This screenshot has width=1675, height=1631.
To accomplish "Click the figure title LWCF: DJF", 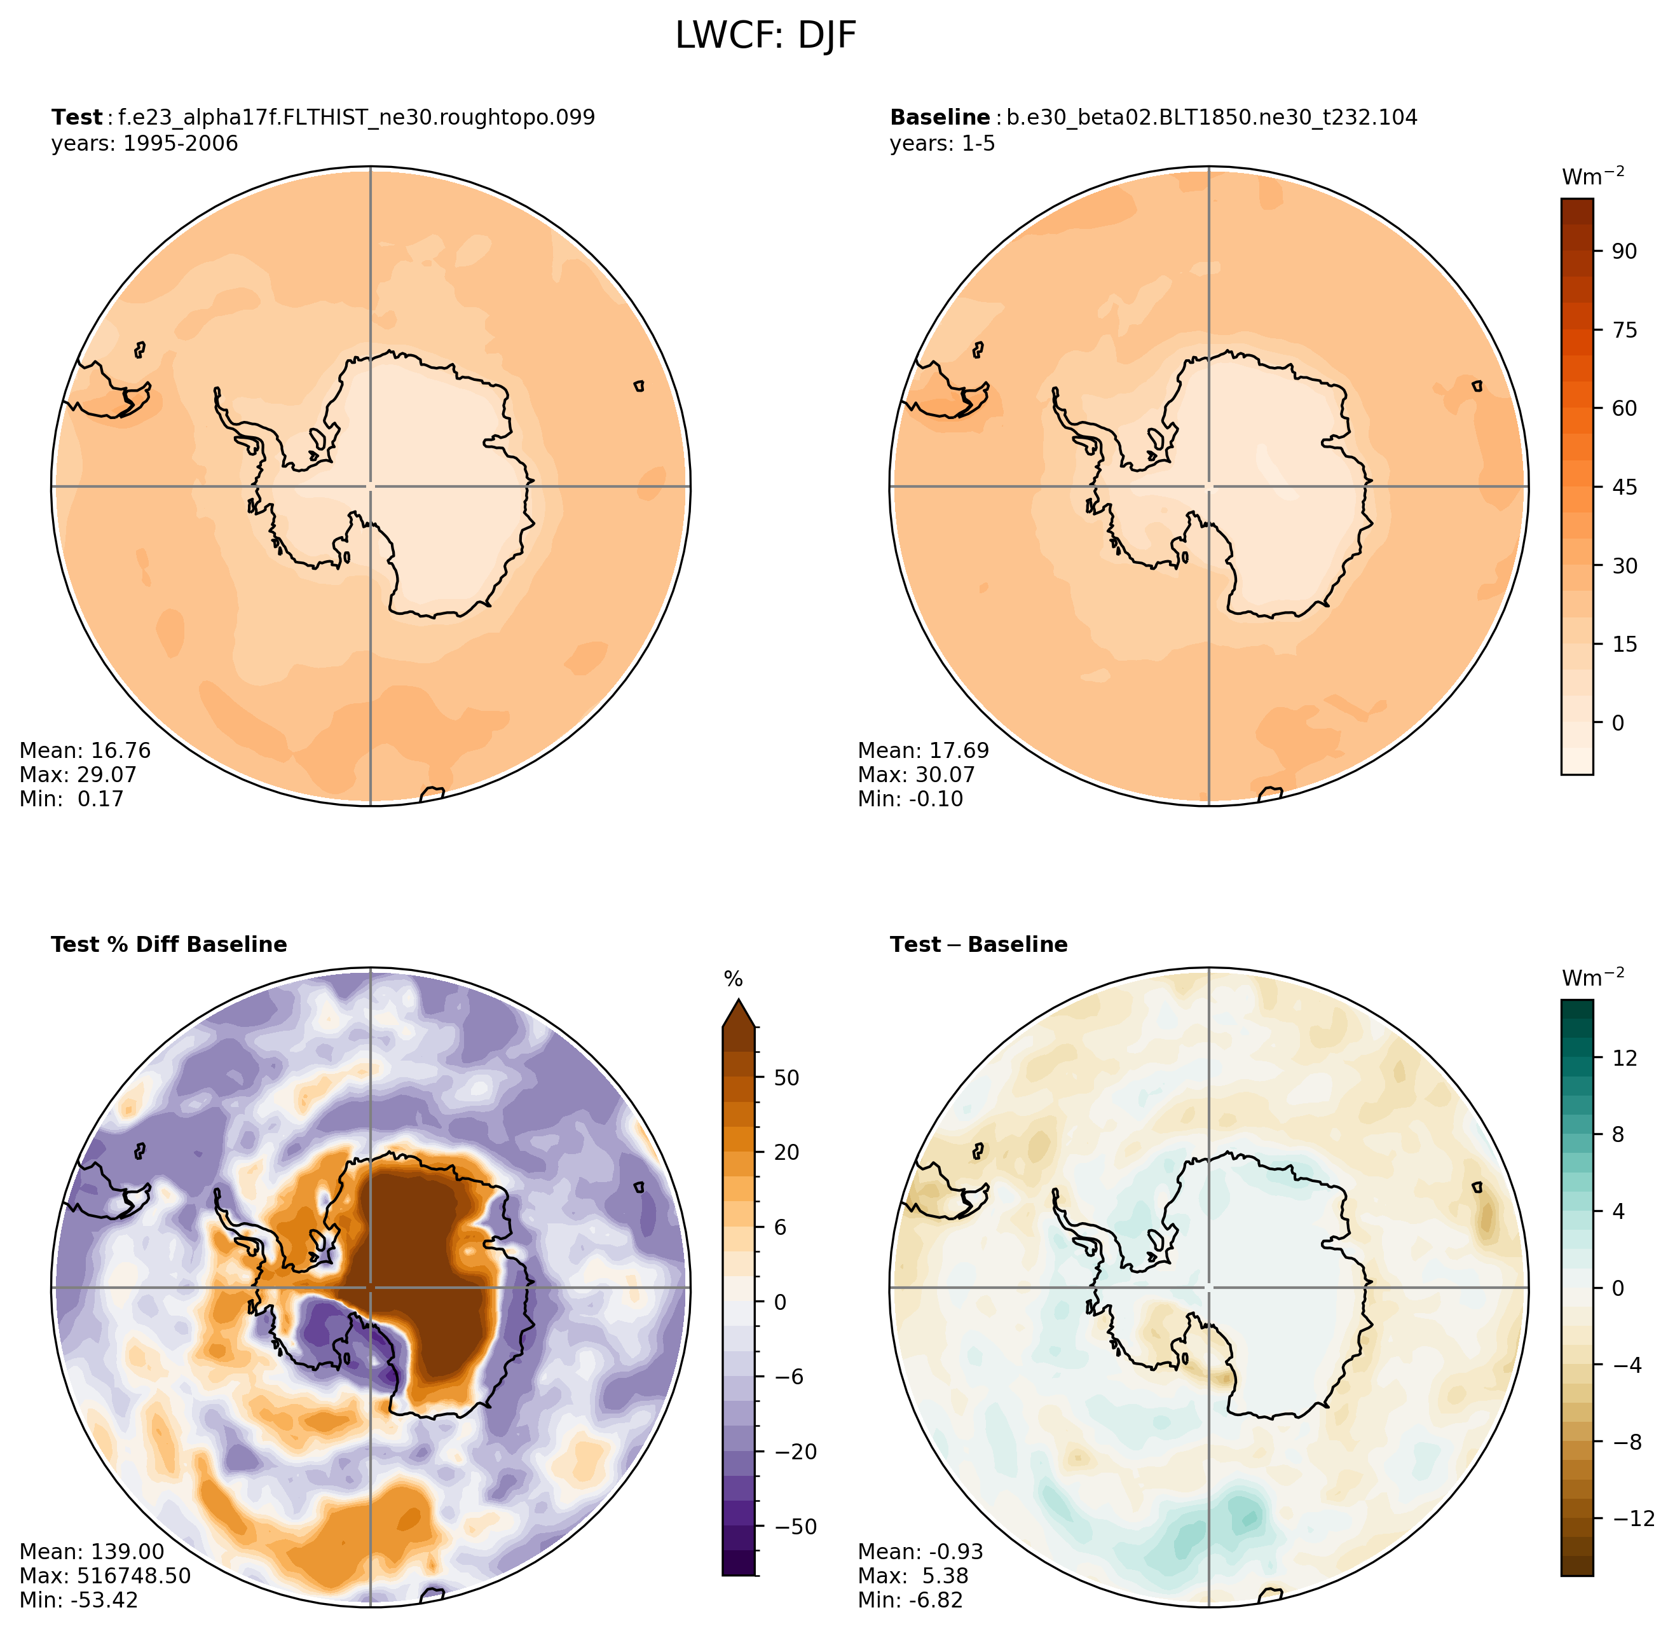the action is tap(765, 36).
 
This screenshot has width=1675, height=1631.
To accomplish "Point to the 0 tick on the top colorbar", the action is tap(1617, 723).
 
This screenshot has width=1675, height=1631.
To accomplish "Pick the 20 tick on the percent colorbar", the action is tap(786, 1152).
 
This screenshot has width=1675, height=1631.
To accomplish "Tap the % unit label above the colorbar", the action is tap(733, 979).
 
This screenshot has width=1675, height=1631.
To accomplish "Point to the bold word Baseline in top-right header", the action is tap(940, 118).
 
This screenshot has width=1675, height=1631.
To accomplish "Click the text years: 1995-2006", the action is tap(145, 143).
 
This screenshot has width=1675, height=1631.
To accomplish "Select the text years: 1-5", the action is tap(942, 143).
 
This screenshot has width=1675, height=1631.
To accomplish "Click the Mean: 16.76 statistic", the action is tap(85, 750).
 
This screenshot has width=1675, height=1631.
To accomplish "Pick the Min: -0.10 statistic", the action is tap(910, 799).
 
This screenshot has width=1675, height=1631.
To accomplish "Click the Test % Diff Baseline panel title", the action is tap(168, 944).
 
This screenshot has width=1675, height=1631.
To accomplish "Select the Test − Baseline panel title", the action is tap(979, 944).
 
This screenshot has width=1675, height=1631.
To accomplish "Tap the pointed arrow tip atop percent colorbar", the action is tap(738, 1000).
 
